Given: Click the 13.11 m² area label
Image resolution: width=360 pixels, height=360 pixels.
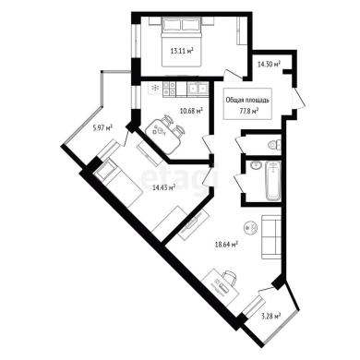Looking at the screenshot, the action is [182, 51].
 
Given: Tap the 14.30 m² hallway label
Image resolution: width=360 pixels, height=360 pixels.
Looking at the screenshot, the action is [270, 65].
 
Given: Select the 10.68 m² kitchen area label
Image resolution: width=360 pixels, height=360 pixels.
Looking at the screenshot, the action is [191, 111].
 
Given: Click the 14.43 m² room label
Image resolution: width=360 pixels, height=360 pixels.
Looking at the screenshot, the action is [164, 186].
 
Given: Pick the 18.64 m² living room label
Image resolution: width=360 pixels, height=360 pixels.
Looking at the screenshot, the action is [226, 245].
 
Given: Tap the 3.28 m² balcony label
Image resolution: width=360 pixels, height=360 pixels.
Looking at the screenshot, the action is [271, 316].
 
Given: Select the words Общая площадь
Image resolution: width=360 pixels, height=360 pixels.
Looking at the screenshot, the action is [247, 100].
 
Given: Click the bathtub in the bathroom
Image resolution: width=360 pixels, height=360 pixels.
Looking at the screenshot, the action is [273, 181].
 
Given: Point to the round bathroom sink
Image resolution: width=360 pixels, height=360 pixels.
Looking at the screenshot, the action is [256, 165].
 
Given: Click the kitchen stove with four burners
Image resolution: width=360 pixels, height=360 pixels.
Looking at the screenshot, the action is [170, 88].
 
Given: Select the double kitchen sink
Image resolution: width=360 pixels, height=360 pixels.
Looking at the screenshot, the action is [198, 89].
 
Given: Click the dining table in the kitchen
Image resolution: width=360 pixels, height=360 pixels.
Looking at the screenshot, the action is [163, 136].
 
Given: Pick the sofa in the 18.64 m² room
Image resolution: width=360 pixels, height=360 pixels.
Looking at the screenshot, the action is [271, 236].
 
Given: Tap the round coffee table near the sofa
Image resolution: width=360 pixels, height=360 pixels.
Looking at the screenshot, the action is [250, 227].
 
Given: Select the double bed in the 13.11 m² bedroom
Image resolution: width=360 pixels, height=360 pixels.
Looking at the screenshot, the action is [182, 42].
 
